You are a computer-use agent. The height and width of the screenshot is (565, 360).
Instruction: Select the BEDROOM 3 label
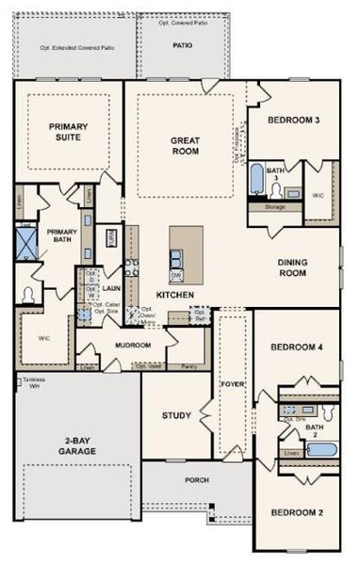(x=292, y=120)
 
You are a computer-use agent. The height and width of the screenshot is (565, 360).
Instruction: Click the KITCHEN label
(x=174, y=295)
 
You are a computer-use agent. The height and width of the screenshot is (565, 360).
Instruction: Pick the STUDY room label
(x=176, y=415)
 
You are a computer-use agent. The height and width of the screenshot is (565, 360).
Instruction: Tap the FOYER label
(x=232, y=383)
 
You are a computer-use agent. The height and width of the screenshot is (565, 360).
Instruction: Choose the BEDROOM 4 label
(x=297, y=347)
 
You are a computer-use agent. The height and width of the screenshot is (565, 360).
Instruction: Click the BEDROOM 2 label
(x=297, y=512)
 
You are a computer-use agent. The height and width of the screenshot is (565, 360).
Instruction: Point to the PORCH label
(x=196, y=479)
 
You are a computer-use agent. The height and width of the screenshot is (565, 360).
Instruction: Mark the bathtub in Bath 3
(x=257, y=177)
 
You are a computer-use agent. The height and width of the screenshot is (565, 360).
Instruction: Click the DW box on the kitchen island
(x=176, y=275)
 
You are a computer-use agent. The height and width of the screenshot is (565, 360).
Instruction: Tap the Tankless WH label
(x=31, y=384)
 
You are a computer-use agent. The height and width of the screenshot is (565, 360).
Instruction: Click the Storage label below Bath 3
(x=274, y=206)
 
